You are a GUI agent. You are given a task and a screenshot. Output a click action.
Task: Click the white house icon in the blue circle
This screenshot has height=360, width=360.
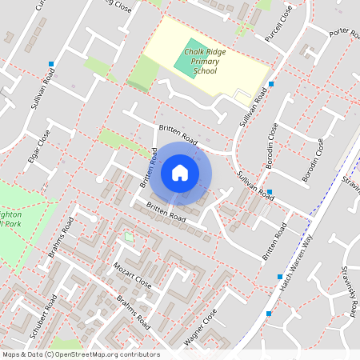180,173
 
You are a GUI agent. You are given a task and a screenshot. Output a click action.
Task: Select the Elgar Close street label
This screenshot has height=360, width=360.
38,146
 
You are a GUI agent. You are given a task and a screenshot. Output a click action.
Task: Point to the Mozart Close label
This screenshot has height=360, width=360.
132,274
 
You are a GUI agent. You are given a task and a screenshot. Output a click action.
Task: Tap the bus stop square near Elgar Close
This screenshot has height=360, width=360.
51,63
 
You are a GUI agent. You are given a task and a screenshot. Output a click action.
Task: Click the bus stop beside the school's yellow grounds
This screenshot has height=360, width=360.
271,83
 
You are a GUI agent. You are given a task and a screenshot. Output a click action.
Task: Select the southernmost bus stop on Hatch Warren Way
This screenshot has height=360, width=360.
268,314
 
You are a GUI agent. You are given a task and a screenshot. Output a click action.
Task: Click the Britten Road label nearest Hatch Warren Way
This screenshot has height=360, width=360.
274,242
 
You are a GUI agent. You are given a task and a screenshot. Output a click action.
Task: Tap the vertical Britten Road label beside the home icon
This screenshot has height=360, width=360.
146,167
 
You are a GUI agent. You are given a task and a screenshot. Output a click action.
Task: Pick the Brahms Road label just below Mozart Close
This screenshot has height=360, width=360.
133,311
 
